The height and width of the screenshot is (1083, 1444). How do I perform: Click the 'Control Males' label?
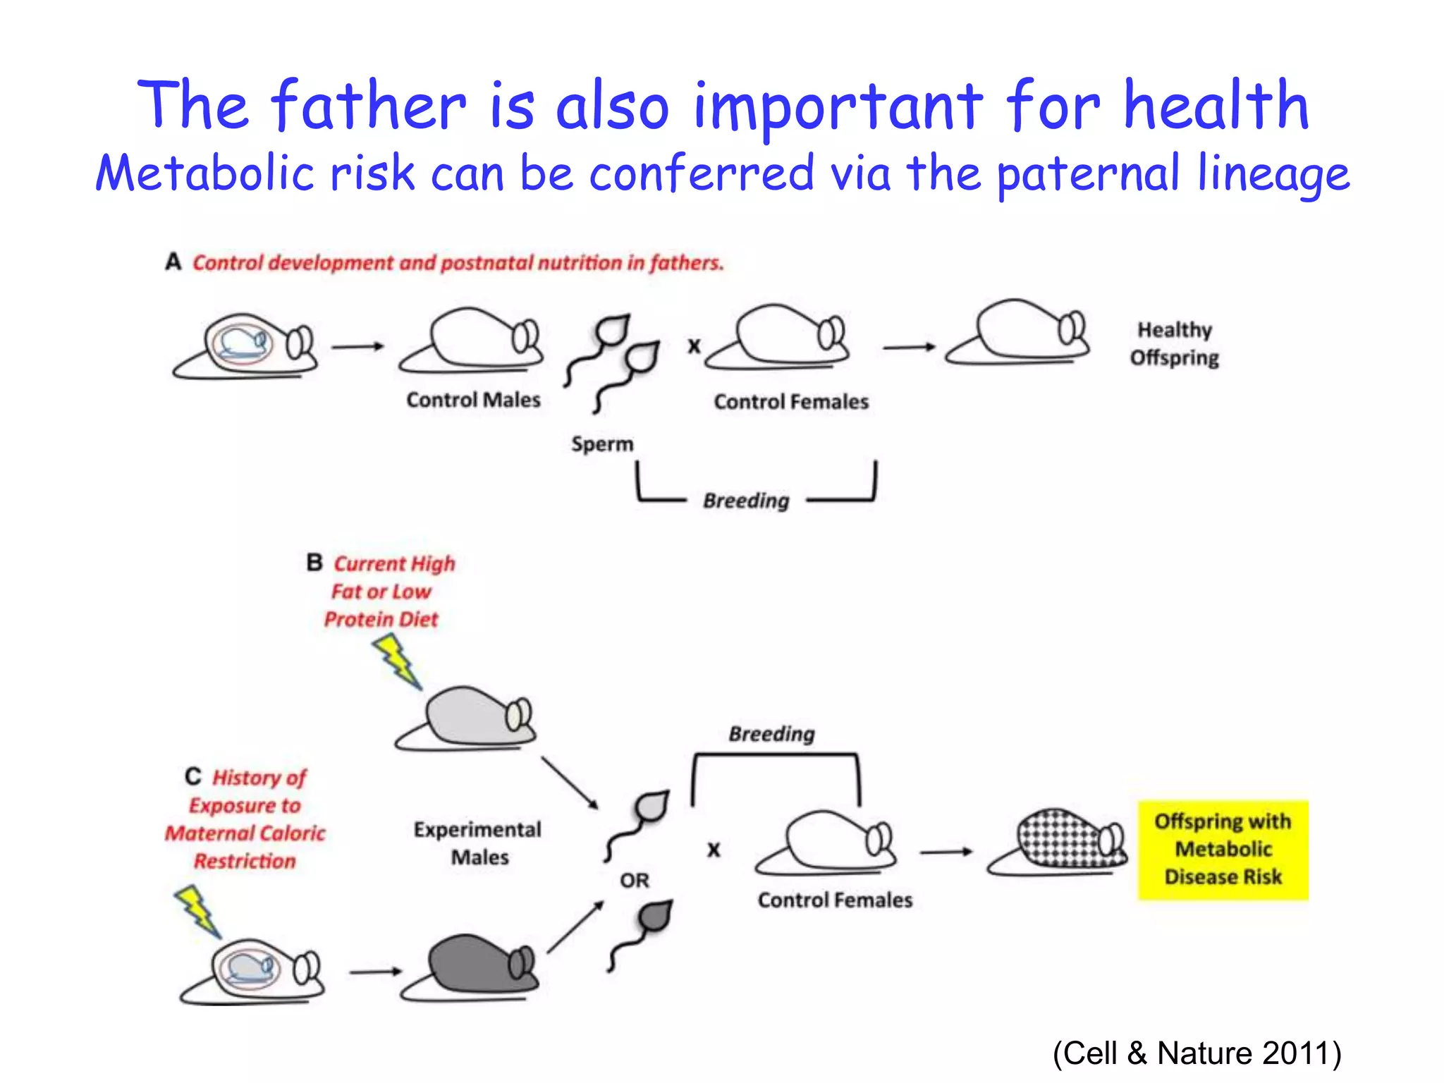pyautogui.click(x=473, y=400)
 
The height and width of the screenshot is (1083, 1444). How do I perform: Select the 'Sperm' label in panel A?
pyautogui.click(x=602, y=444)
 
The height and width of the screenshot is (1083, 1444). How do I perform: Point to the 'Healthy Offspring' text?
pyautogui.click(x=1175, y=343)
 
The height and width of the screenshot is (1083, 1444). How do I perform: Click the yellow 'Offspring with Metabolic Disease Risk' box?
pyautogui.click(x=1223, y=850)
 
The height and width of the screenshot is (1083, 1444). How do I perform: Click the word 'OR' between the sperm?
pyautogui.click(x=635, y=881)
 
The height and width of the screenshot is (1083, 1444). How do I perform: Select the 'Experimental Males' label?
pyautogui.click(x=478, y=843)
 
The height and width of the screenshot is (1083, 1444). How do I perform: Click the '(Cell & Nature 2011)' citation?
pyautogui.click(x=1197, y=1053)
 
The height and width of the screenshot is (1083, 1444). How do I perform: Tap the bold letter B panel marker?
pyautogui.click(x=314, y=563)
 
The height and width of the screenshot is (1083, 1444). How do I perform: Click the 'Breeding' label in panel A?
pyautogui.click(x=746, y=501)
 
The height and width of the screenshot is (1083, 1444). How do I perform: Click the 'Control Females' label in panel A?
pyautogui.click(x=791, y=402)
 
